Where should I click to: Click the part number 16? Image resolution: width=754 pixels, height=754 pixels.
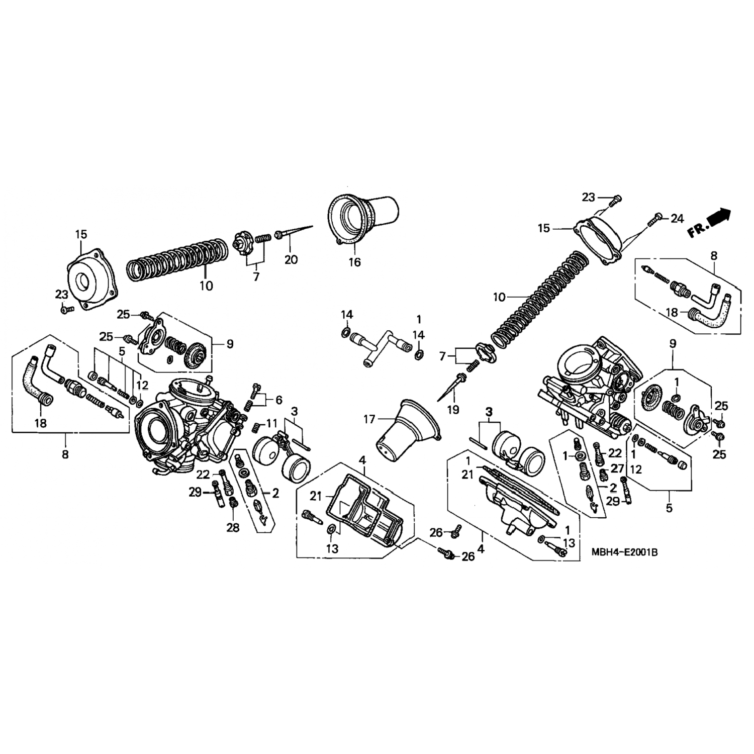355,262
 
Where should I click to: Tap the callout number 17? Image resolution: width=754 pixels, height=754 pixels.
369,418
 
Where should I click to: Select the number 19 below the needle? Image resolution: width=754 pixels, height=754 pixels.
453,410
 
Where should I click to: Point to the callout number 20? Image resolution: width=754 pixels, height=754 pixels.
291,259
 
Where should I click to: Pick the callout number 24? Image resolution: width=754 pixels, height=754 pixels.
677,219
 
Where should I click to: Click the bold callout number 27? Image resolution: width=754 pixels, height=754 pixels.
617,468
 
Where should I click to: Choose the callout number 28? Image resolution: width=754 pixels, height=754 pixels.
233,527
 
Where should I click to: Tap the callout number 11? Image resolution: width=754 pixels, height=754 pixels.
272,422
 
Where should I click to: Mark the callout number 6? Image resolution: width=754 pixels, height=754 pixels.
278,400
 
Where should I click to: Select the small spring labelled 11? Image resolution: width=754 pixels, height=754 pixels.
255,427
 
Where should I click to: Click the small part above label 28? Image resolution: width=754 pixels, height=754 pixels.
233,502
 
